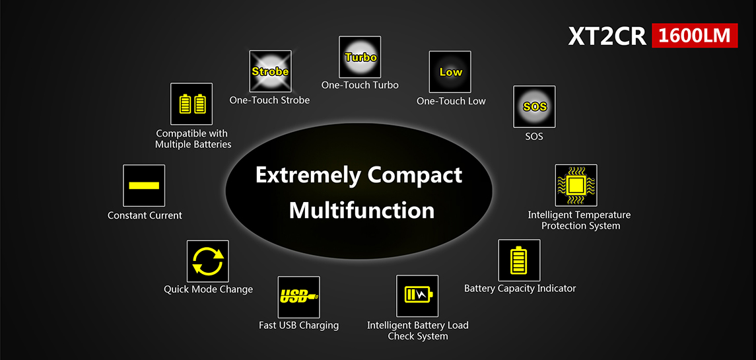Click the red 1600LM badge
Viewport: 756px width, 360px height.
coord(695,36)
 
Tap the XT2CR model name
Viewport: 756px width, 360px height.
coord(607,36)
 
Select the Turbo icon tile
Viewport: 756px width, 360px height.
coord(360,57)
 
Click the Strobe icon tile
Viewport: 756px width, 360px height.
coord(270,71)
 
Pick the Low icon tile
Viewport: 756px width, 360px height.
coord(450,72)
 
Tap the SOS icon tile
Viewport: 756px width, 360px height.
coord(534,106)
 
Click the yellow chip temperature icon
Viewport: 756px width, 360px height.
coord(576,186)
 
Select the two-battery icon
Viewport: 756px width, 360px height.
coord(191,104)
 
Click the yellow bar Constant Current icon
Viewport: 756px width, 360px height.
coord(144,186)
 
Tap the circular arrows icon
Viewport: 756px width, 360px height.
coord(208,261)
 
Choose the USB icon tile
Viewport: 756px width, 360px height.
coord(299,297)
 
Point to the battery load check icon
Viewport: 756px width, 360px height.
coord(417,296)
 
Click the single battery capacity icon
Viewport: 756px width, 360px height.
coord(519,260)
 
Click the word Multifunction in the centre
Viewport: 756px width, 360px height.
coord(361,211)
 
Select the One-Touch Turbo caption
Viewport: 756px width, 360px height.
coord(360,85)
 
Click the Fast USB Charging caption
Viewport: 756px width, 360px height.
coord(299,325)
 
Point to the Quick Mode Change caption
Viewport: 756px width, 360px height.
coord(208,289)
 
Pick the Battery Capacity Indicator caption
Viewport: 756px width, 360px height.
coord(520,289)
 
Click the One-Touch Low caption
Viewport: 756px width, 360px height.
coord(451,101)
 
